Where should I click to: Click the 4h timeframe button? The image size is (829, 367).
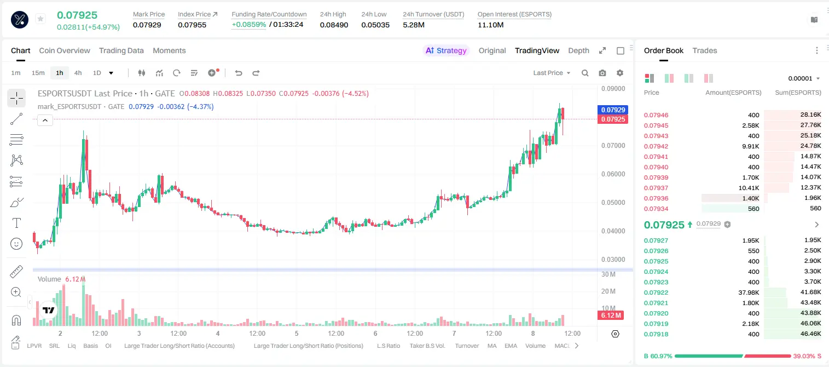coord(78,73)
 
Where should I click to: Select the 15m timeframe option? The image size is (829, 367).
coord(38,73)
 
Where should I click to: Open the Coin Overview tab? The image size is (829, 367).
coord(65,50)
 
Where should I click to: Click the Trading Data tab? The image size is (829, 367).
coord(121,50)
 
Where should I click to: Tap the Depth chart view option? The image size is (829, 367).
coord(578,50)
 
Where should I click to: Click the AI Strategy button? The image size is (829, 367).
coord(446,50)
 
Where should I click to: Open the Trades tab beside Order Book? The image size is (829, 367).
coord(705,50)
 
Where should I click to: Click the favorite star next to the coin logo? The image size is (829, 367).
coord(40,19)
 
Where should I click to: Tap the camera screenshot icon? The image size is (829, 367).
coord(602,73)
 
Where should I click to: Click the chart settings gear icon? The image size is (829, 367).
coord(620,73)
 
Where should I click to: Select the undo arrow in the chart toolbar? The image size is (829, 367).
coord(239,73)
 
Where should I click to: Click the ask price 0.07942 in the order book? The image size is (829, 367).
coord(656,146)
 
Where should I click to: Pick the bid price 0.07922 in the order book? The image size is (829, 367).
coord(656,293)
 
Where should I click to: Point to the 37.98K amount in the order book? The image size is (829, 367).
coord(749,293)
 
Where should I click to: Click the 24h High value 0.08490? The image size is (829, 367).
coord(334,25)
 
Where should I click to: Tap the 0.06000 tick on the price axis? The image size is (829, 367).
coord(613,174)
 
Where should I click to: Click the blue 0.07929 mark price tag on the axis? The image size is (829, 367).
coord(613,110)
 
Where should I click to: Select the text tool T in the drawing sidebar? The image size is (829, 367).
coord(16,223)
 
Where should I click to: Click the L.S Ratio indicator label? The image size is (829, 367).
coord(388,346)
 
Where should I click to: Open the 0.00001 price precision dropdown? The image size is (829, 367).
coord(804,78)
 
